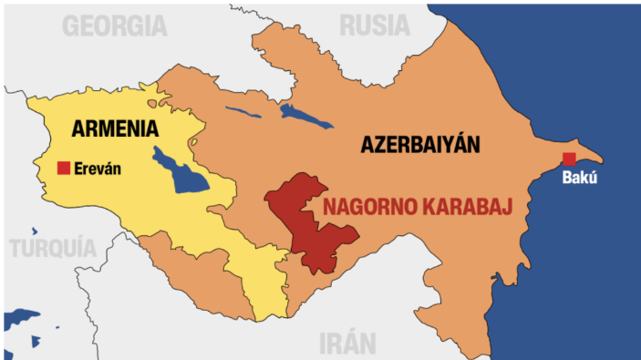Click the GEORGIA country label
[x=115, y=26]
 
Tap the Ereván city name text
[x=98, y=169]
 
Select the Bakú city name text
[x=580, y=178]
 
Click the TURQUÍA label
[x=53, y=247]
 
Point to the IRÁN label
[x=347, y=343]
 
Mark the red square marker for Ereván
[x=64, y=168]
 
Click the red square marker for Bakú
[x=569, y=159]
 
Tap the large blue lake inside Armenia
[x=181, y=171]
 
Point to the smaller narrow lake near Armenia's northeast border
[x=243, y=116]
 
